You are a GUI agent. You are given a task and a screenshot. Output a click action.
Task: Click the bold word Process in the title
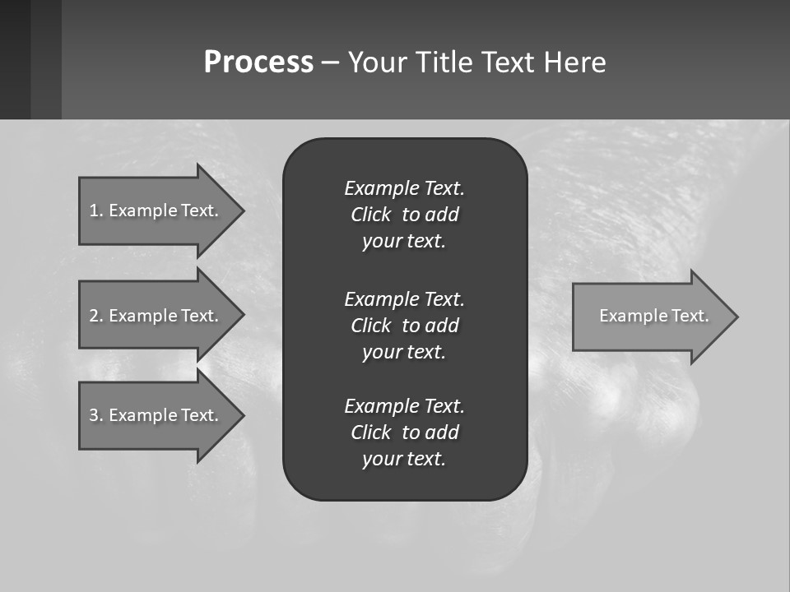258,62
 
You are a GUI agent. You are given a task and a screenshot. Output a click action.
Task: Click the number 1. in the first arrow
95,210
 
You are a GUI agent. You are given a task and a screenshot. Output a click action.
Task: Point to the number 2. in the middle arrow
95,316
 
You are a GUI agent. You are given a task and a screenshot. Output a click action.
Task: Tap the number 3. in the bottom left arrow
95,415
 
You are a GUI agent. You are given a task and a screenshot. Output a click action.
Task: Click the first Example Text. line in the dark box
404,188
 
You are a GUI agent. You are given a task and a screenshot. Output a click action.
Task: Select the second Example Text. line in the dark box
404,299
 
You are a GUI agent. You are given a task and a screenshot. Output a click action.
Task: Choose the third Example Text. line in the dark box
404,406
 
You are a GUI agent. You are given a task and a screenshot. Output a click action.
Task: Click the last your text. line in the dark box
404,459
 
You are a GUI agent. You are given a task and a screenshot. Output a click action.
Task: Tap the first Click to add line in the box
404,215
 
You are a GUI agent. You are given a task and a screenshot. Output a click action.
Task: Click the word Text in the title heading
509,62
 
